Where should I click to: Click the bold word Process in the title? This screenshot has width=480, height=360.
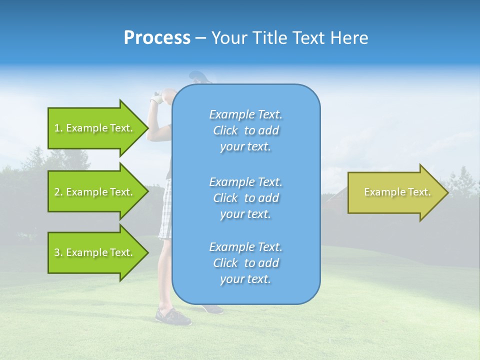157,38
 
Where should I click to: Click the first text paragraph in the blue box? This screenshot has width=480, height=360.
245,130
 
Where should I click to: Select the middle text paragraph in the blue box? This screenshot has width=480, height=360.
245,198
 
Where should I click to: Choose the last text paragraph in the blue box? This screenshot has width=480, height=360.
245,263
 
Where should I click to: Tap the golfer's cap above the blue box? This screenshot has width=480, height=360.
200,77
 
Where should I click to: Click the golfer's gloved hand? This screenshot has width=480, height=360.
158,98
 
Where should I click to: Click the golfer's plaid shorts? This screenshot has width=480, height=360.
165,210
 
